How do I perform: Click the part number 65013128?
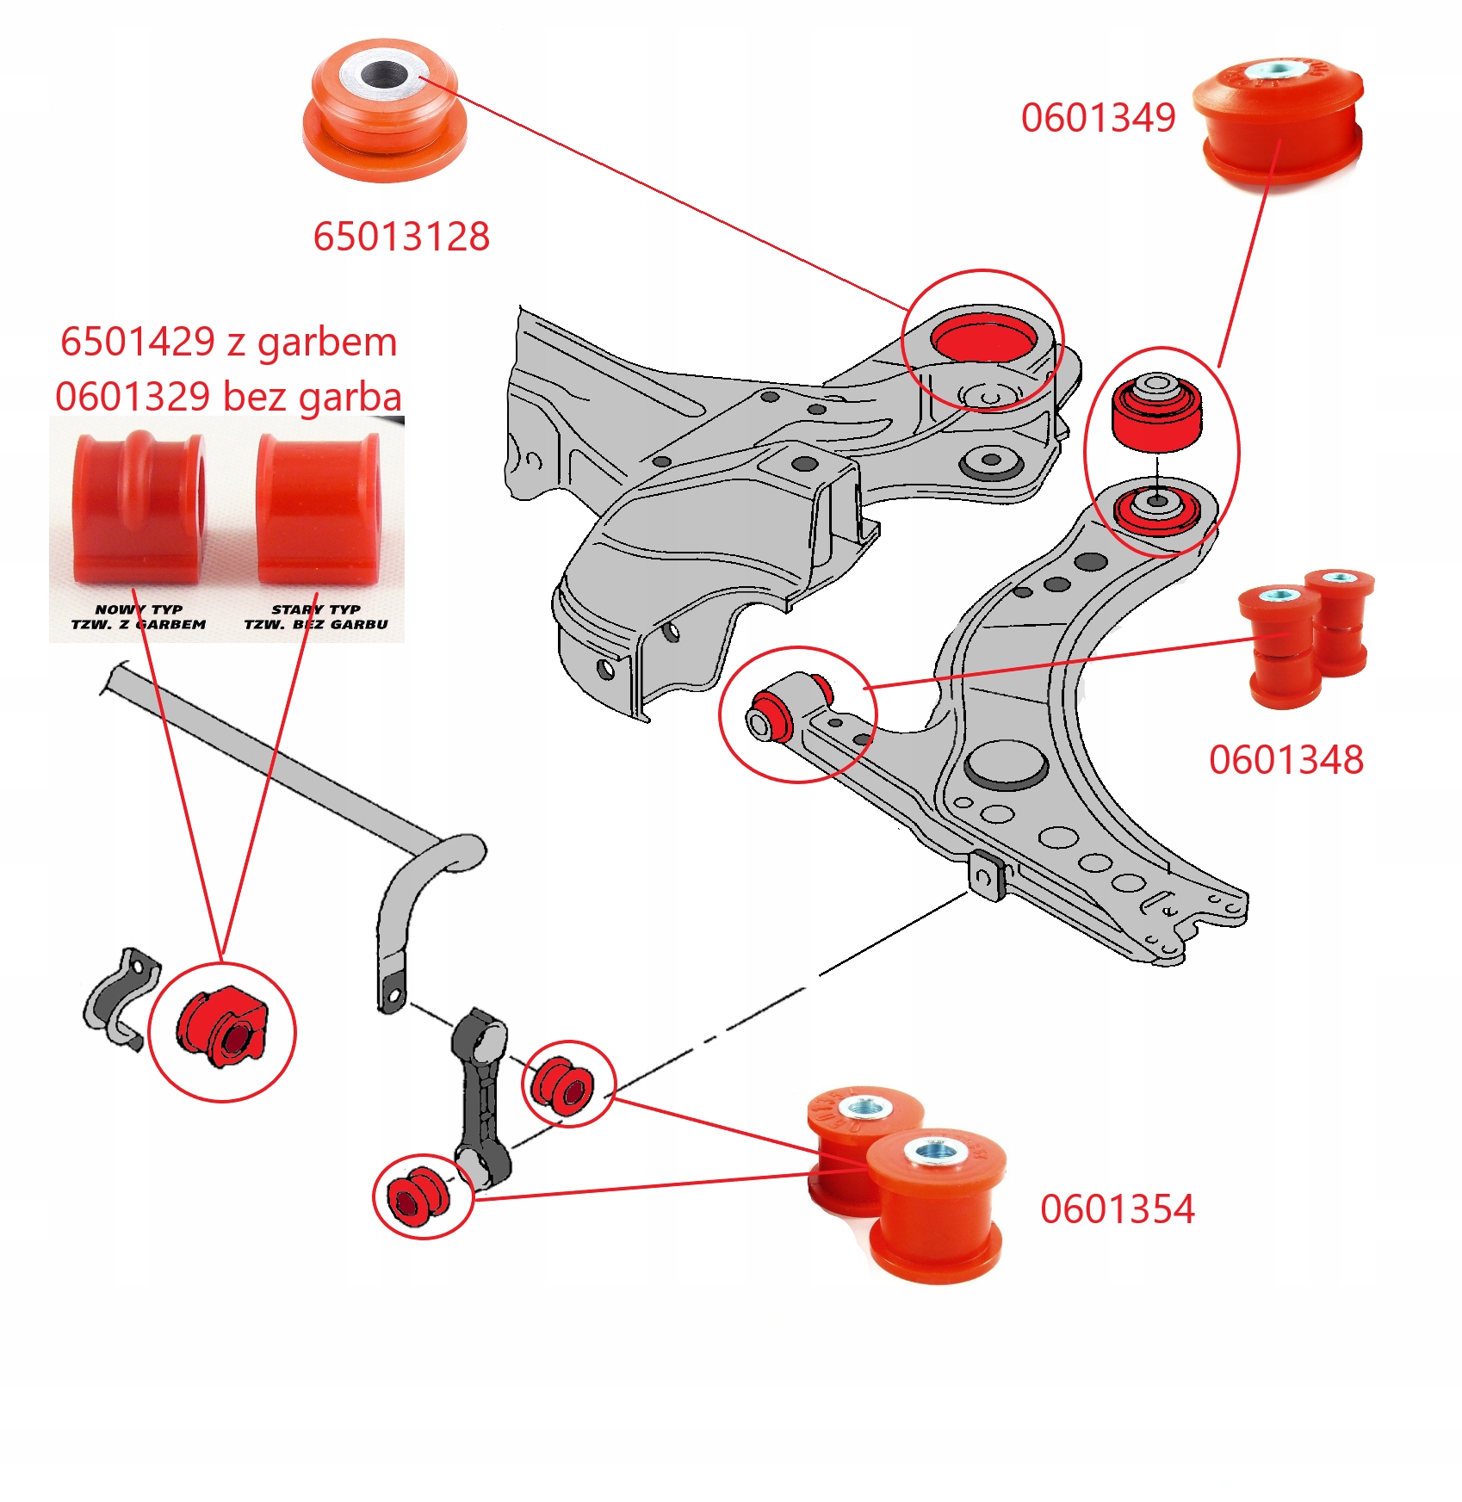pyautogui.click(x=401, y=237)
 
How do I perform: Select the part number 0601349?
pyautogui.click(x=1098, y=118)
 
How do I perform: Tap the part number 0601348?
pyautogui.click(x=1286, y=760)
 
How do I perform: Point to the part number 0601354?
pyautogui.click(x=1118, y=1209)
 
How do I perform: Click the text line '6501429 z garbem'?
pyautogui.click(x=229, y=342)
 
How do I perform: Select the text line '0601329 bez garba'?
pyautogui.click(x=229, y=397)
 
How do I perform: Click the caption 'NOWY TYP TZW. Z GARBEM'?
pyautogui.click(x=139, y=617)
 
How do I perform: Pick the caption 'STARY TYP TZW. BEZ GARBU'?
pyautogui.click(x=316, y=617)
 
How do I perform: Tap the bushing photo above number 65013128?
pyautogui.click(x=384, y=109)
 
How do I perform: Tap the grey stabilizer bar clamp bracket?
pyautogui.click(x=121, y=998)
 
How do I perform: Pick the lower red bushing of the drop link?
pyautogui.click(x=417, y=1196)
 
